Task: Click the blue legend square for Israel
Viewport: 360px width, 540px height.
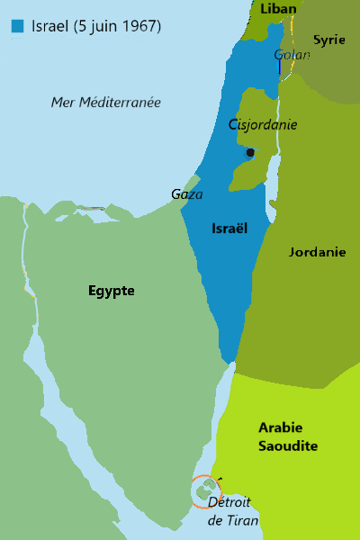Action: (x=18, y=26)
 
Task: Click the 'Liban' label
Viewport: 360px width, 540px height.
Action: (x=277, y=9)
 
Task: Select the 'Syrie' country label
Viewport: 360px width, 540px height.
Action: (x=328, y=40)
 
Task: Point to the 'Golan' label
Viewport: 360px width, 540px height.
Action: (x=292, y=55)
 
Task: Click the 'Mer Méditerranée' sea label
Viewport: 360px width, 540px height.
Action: (x=105, y=102)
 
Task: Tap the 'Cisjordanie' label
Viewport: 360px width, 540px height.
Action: (x=263, y=125)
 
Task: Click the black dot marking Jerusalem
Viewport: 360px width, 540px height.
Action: (x=250, y=152)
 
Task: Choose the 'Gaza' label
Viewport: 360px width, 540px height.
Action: (x=187, y=193)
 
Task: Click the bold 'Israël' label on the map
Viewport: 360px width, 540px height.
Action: (x=229, y=229)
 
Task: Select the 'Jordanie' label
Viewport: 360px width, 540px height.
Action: (x=317, y=252)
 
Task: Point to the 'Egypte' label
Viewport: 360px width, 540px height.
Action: (x=112, y=291)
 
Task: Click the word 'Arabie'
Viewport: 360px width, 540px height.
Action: (x=281, y=427)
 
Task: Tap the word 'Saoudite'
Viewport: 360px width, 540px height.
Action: (x=288, y=446)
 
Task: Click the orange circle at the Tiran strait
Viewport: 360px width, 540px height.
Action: (x=203, y=491)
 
